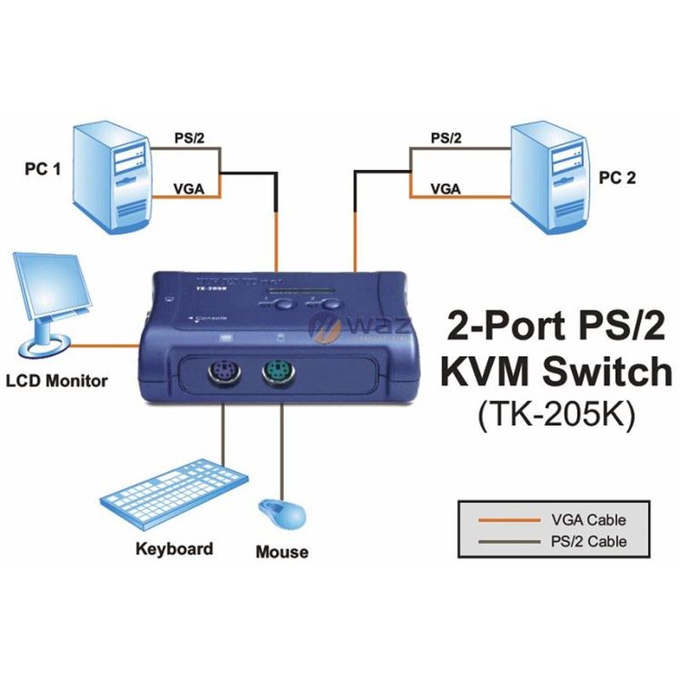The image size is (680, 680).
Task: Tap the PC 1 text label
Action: tap(42, 169)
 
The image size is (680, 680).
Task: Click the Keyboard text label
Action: tap(174, 548)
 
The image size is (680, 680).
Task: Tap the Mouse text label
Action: tap(282, 552)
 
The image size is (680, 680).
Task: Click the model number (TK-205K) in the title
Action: tap(556, 416)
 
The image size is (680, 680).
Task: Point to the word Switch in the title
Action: tap(603, 371)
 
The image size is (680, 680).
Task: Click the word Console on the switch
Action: tap(211, 319)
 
